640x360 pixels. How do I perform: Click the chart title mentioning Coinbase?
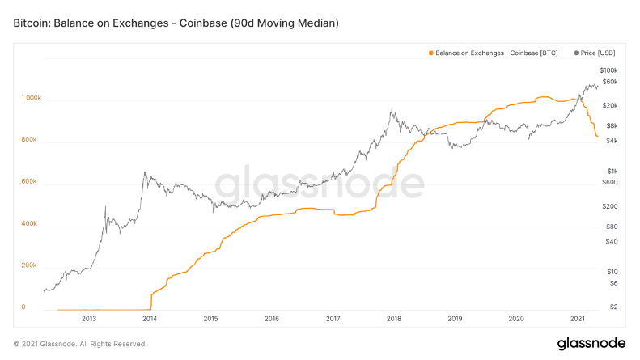[x=176, y=23]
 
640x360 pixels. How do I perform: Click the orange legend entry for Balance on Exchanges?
[x=493, y=53]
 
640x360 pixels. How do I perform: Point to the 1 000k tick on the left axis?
[x=31, y=98]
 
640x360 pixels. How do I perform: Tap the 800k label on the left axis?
[x=29, y=140]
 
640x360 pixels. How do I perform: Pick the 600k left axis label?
[x=29, y=181]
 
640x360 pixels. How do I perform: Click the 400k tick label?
[x=29, y=223]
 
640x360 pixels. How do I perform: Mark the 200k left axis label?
[x=29, y=265]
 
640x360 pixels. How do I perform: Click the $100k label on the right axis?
[x=608, y=71]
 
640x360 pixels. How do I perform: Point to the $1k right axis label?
[x=612, y=170]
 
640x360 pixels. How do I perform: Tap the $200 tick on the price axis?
[x=610, y=206]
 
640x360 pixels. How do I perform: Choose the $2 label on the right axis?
[x=613, y=307]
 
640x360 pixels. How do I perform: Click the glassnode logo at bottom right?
[x=591, y=344]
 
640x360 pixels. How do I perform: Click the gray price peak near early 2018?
[x=392, y=111]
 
